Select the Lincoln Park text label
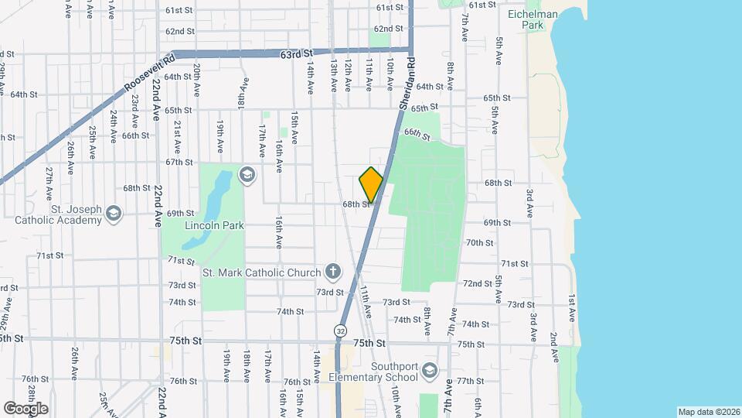click(x=214, y=226)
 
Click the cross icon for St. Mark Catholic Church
click(x=332, y=271)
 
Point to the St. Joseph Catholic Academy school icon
click(x=114, y=214)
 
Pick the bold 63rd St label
click(x=296, y=54)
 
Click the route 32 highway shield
click(x=340, y=331)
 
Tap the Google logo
click(x=26, y=408)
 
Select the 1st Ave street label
click(x=572, y=307)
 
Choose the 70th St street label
click(x=479, y=242)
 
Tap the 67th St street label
click(x=179, y=162)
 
